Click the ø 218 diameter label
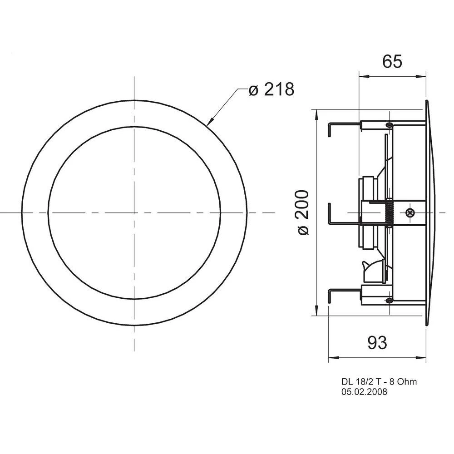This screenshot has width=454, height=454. [271, 89]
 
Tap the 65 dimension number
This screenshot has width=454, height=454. [392, 61]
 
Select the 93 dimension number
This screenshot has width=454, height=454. [377, 343]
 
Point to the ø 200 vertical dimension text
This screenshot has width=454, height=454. [303, 212]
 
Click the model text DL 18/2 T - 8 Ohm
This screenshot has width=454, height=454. [379, 382]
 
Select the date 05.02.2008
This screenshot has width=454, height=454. [365, 391]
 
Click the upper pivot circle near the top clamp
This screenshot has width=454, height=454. [389, 125]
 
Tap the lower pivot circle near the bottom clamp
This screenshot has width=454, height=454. [389, 300]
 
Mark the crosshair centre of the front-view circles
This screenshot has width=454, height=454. [134, 212]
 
